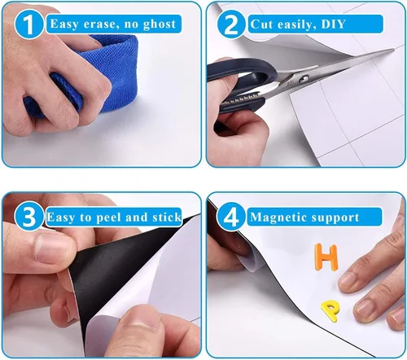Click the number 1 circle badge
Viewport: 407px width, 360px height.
click(29, 24)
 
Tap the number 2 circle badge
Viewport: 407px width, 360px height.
click(231, 24)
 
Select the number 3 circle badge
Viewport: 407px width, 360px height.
click(29, 217)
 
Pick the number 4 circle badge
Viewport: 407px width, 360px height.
click(231, 217)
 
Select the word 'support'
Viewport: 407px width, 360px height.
click(335, 218)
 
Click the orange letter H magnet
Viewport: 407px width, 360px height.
click(326, 257)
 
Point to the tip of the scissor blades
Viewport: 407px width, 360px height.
click(393, 50)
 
